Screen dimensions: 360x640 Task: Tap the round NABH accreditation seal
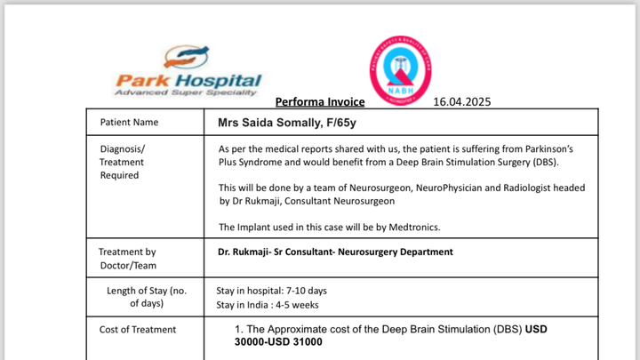click(x=399, y=70)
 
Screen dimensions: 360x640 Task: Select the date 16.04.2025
click(x=461, y=101)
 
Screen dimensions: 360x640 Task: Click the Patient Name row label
click(x=130, y=122)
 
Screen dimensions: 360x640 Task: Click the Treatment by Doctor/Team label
click(x=127, y=259)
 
